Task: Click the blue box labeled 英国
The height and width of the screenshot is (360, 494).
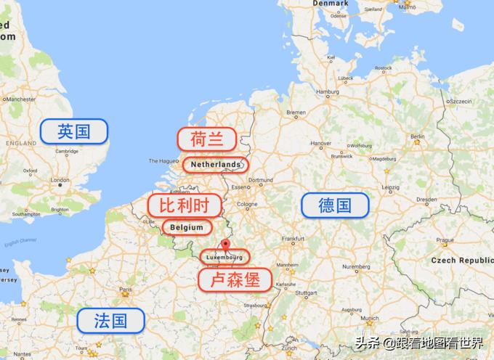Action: (74, 131)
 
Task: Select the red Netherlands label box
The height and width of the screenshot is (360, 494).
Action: (215, 165)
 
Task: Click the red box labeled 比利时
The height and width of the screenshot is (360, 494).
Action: (184, 205)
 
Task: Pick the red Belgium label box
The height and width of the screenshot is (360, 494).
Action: (187, 227)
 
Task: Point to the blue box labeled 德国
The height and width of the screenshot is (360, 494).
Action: (335, 205)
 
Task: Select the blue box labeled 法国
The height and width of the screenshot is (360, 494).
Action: (110, 320)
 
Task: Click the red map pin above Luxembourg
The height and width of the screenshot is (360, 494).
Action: (225, 245)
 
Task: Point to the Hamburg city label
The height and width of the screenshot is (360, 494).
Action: (328, 91)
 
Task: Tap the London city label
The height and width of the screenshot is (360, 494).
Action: (60, 180)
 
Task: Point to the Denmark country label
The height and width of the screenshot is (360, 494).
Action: (331, 3)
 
